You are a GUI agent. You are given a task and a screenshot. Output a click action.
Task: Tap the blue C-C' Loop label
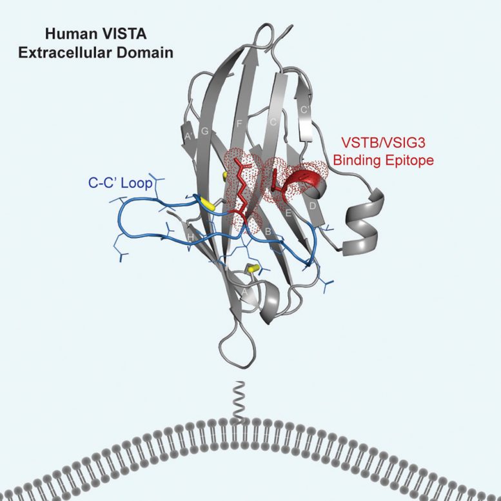pos(121,183)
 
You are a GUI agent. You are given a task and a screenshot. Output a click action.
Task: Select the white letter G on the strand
pos(205,132)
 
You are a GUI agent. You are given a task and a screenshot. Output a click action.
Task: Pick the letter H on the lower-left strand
pos(190,238)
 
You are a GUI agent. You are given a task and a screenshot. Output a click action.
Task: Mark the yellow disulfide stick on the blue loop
pos(208,202)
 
